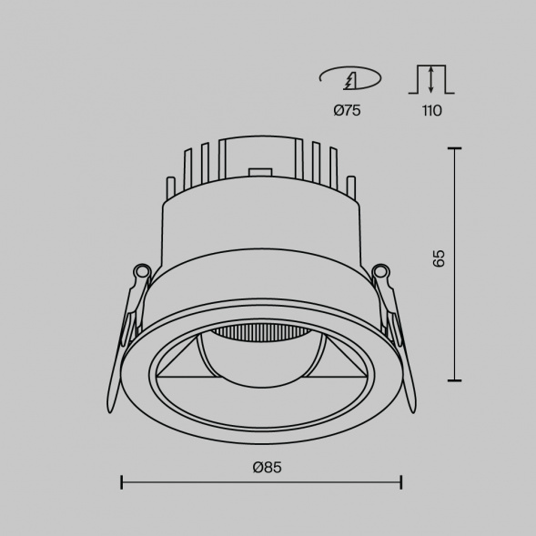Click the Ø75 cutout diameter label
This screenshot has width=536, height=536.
[349, 111]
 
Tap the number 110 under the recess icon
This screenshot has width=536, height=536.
[431, 111]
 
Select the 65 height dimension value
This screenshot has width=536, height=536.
[440, 258]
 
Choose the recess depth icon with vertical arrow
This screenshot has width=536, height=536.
[430, 79]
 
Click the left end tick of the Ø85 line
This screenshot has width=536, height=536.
[122, 480]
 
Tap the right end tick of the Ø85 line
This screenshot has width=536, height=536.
[402, 480]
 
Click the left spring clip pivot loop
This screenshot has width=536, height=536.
[141, 271]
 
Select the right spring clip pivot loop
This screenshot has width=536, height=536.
[382, 271]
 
